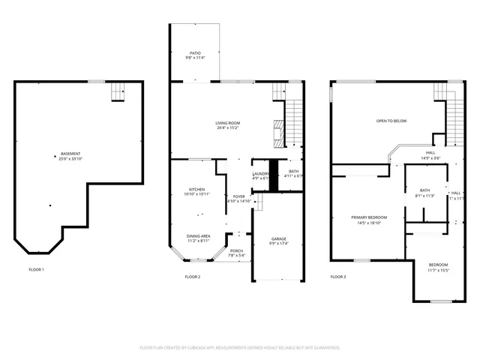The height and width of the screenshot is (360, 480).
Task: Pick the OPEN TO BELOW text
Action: click(391, 121)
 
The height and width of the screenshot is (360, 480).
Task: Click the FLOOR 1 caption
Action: click(37, 269)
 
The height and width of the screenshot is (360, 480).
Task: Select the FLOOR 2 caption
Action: click(193, 277)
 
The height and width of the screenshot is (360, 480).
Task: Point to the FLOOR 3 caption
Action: click(338, 277)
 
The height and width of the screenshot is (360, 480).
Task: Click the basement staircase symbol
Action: click(118, 91)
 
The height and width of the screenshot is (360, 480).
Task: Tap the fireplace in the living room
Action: click(279, 133)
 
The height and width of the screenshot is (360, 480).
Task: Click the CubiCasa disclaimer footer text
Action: click(240, 347)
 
